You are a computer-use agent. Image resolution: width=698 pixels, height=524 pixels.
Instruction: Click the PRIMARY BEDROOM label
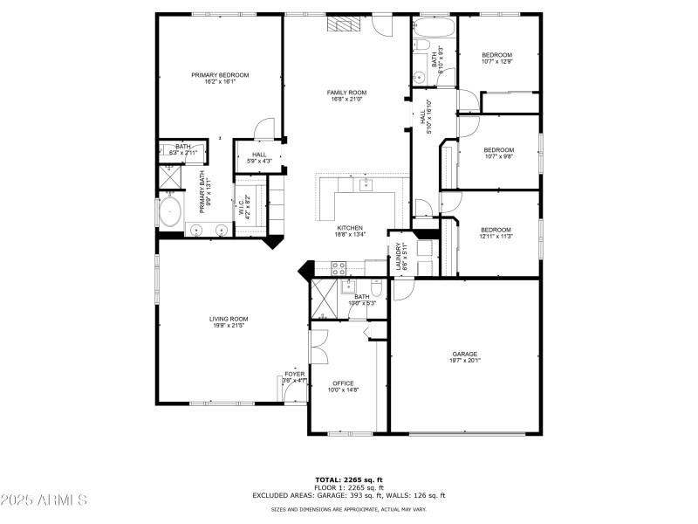pyautogui.click(x=220, y=75)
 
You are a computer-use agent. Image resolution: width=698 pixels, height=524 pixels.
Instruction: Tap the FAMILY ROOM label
pyautogui.click(x=346, y=93)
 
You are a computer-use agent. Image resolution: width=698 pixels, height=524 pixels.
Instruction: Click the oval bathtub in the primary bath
pyautogui.click(x=169, y=211)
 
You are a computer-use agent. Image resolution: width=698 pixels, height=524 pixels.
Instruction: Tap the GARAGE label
pyautogui.click(x=464, y=354)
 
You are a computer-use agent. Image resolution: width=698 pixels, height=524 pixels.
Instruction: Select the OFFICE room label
pyautogui.click(x=343, y=383)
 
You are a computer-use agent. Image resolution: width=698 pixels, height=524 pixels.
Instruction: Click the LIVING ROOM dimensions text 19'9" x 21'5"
pyautogui.click(x=228, y=326)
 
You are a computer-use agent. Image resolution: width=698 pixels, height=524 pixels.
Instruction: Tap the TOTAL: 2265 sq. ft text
pyautogui.click(x=348, y=479)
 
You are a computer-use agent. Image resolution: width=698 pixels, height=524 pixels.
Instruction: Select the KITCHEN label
pyautogui.click(x=350, y=228)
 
